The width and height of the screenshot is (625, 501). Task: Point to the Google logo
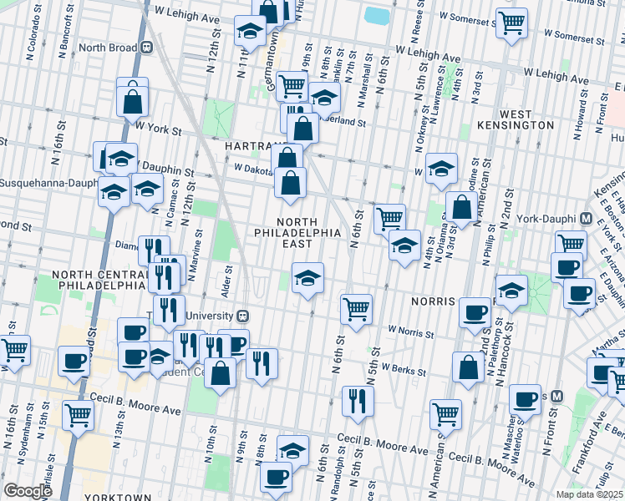(x=28, y=491)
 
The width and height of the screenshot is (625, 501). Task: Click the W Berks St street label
(x=404, y=367)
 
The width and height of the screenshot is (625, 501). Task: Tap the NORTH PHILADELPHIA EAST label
(x=296, y=231)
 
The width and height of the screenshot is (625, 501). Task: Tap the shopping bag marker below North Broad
(x=132, y=101)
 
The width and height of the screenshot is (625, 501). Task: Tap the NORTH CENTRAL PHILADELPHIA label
(x=98, y=280)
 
